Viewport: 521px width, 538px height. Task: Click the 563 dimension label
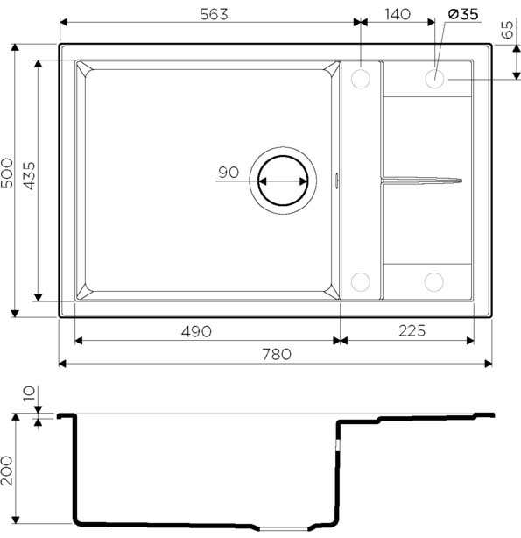pyautogui.click(x=214, y=14)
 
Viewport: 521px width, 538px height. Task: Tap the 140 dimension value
pyautogui.click(x=398, y=14)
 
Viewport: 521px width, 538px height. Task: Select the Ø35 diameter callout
pyautogui.click(x=463, y=14)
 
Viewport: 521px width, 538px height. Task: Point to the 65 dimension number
pyautogui.click(x=508, y=30)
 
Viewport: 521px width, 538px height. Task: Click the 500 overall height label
pyautogui.click(x=7, y=173)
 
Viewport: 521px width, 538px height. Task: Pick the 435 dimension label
pyautogui.click(x=30, y=176)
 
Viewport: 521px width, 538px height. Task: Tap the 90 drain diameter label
pyautogui.click(x=229, y=173)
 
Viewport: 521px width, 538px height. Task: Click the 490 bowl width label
pyautogui.click(x=196, y=332)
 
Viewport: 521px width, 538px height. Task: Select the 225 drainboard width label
pyautogui.click(x=412, y=331)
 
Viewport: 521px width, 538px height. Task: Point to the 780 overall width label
pyautogui.click(x=277, y=355)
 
